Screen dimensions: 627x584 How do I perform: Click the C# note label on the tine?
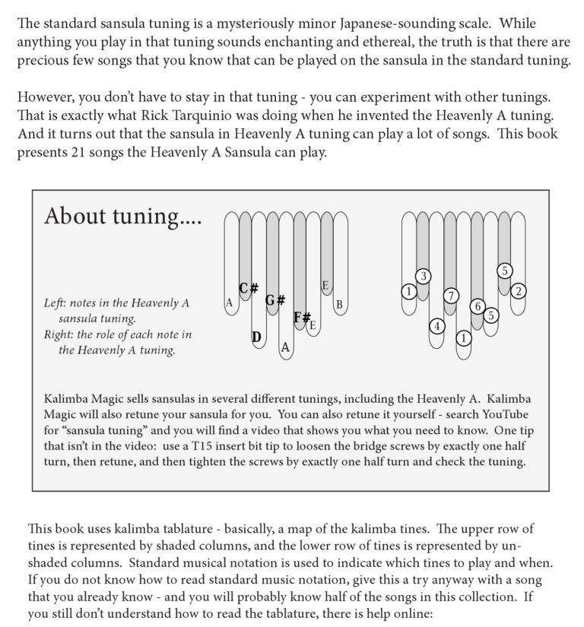tap(249, 289)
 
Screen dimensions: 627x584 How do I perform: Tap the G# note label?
tap(275, 299)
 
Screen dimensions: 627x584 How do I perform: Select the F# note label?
tap(302, 318)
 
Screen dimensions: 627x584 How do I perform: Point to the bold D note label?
tap(256, 337)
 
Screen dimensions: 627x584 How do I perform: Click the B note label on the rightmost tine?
tap(339, 305)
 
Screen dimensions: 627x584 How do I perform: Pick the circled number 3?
tap(423, 275)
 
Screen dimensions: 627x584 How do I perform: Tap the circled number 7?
tap(450, 295)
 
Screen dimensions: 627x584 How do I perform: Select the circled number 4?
tap(436, 327)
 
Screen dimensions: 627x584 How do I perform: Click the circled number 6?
tap(478, 306)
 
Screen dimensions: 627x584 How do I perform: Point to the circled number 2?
tap(518, 290)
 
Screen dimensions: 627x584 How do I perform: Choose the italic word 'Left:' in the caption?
tap(57, 303)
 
